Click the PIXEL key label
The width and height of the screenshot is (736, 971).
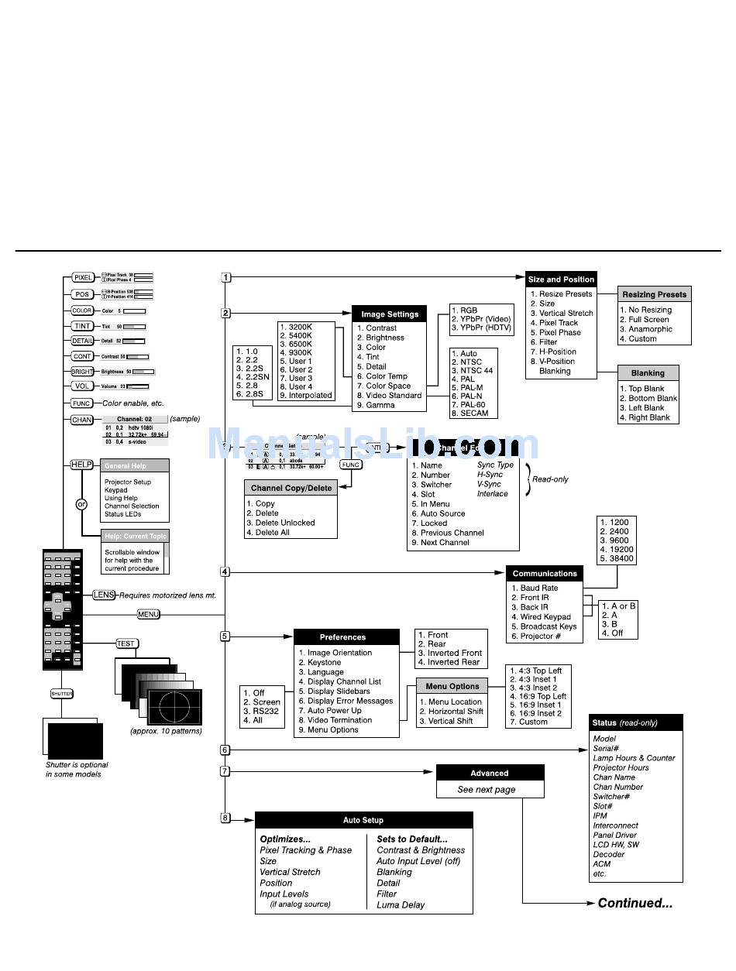point(83,277)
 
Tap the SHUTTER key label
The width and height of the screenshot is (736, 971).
point(62,694)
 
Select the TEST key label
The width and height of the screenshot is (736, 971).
point(126,643)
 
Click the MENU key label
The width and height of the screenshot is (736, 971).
point(148,614)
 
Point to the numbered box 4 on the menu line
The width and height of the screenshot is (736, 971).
point(225,572)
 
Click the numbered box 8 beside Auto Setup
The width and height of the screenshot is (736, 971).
point(225,818)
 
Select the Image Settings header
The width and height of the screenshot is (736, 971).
point(390,314)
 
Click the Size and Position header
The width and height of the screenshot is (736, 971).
point(561,280)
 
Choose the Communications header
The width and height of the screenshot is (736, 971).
point(545,574)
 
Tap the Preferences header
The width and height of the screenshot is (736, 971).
point(342,637)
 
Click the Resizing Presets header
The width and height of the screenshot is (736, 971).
point(655,294)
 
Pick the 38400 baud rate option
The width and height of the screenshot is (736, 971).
point(616,558)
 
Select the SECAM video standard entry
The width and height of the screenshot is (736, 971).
point(476,413)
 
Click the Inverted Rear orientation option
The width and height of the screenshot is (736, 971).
point(449,663)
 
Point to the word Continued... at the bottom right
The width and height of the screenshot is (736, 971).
point(635,903)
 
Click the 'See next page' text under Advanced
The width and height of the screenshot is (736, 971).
point(486,790)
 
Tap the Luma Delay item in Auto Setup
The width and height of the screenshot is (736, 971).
point(401,904)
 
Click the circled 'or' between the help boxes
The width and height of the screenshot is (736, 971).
point(81,504)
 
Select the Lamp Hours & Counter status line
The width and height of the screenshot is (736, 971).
point(634,758)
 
